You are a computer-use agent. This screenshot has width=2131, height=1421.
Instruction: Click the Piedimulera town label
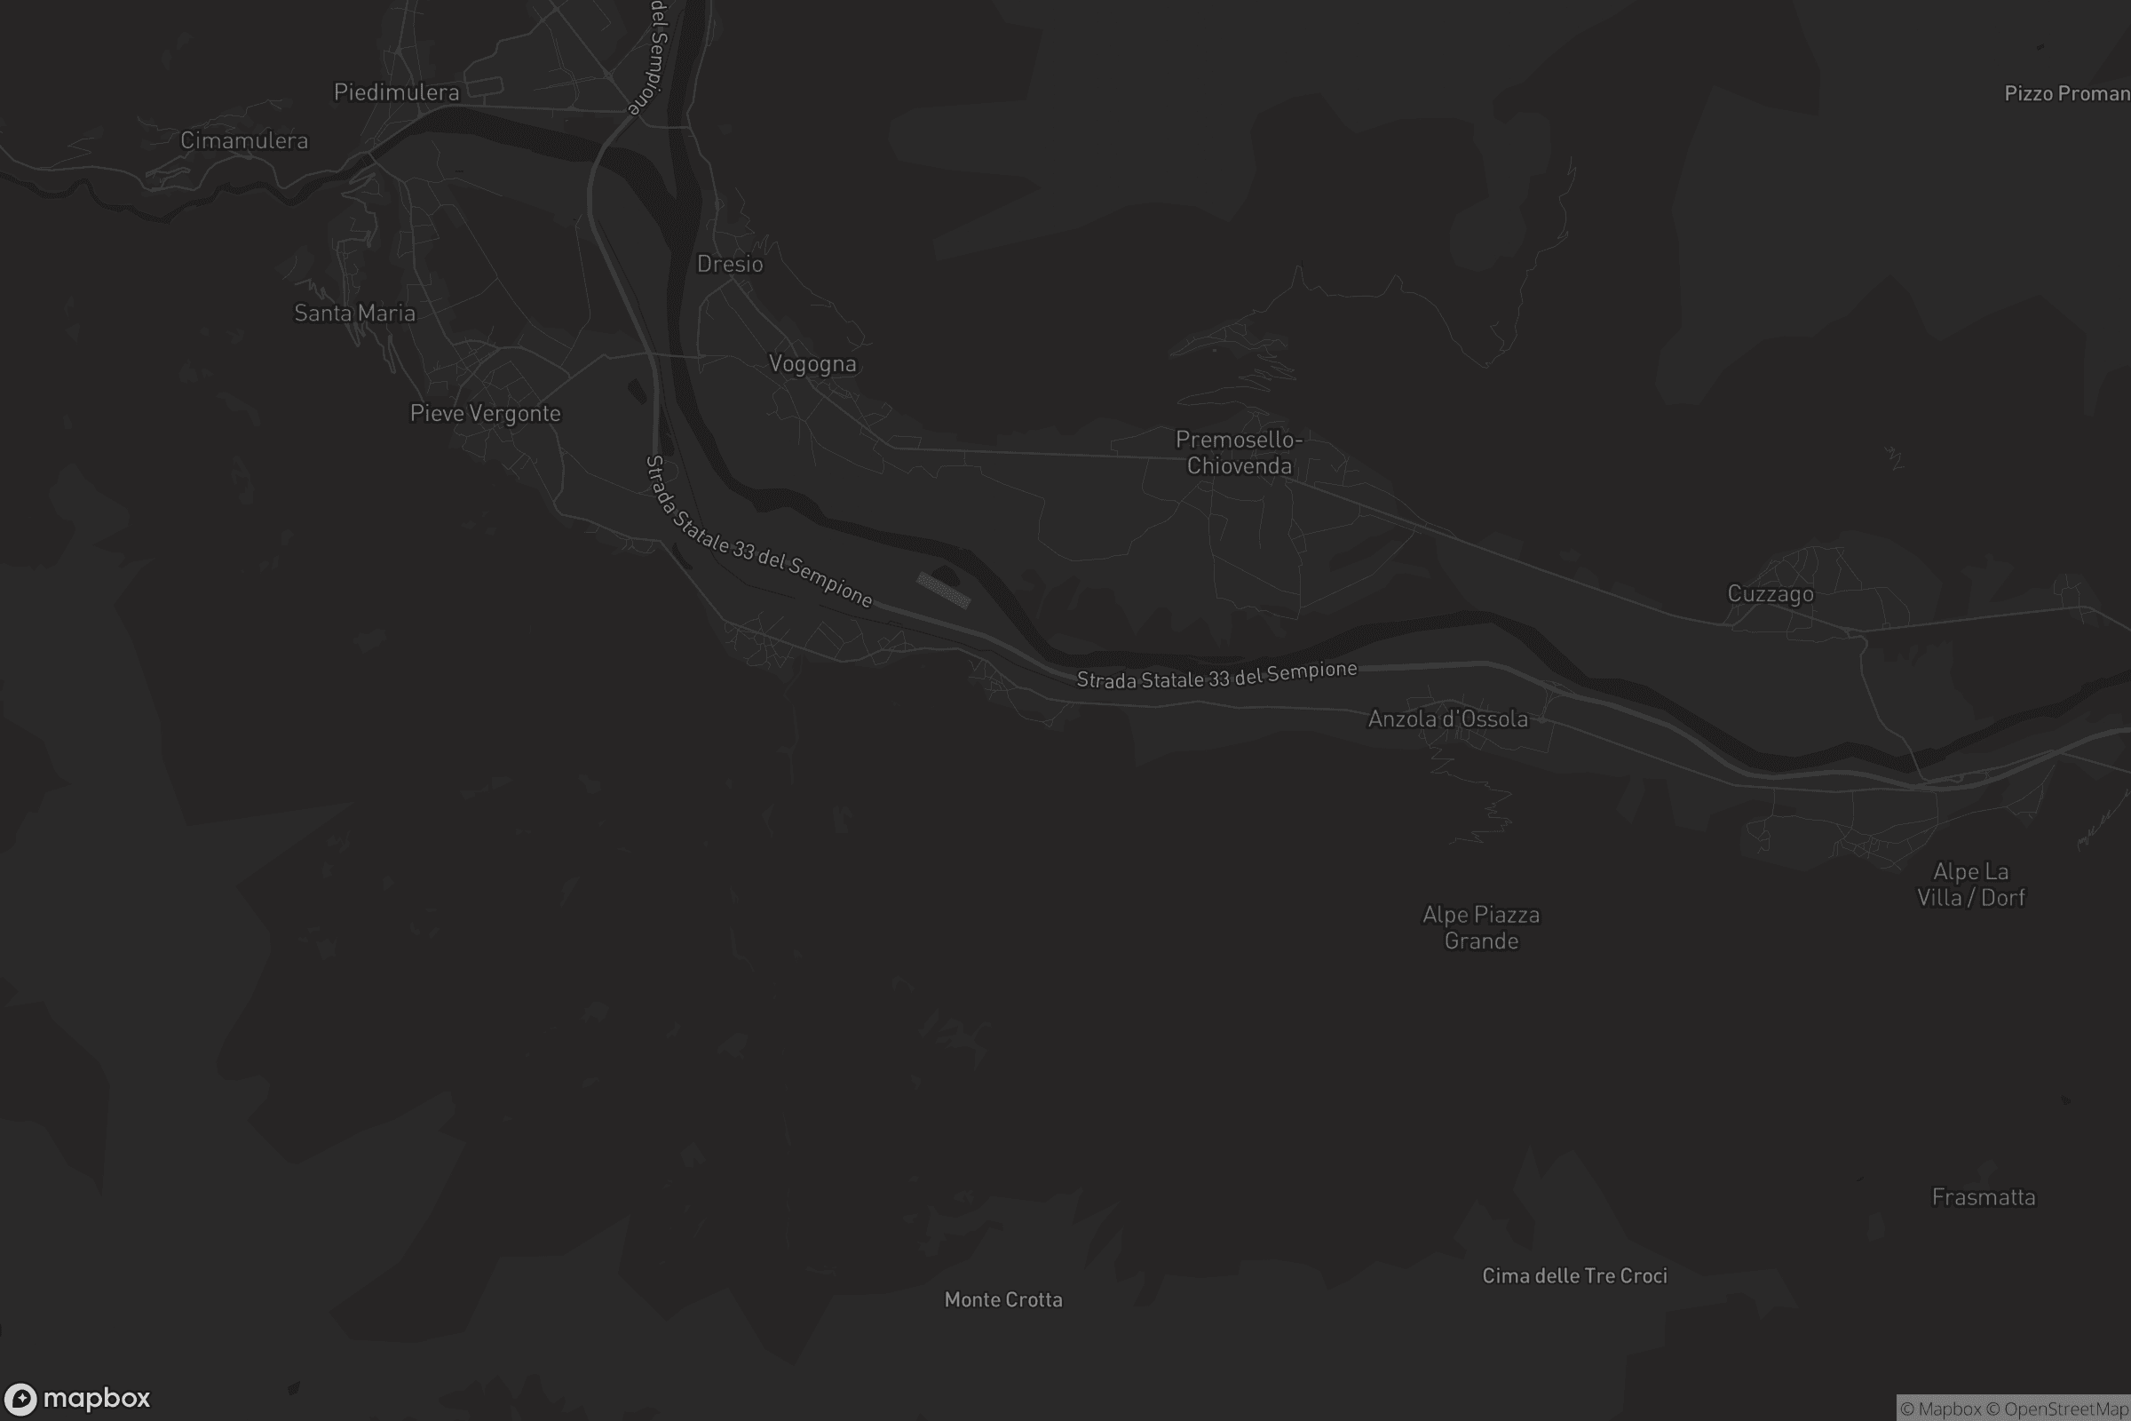396,92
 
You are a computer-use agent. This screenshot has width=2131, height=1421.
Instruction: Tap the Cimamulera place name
243,140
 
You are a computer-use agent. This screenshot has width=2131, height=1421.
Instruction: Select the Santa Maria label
354,314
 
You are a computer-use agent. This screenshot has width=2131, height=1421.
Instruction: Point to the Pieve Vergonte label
485,413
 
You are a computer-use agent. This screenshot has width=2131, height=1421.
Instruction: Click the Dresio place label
729,264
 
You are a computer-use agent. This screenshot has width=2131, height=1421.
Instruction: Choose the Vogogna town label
812,363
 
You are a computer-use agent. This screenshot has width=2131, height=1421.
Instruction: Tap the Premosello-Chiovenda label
1239,452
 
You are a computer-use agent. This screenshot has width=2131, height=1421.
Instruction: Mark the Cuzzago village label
1770,593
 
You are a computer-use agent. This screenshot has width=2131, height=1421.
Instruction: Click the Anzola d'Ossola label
1447,718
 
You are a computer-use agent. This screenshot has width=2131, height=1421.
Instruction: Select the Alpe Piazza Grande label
1480,927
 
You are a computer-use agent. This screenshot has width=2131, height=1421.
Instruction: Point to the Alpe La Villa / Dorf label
1970,885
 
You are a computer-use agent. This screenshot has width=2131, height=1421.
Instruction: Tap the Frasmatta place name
1983,1197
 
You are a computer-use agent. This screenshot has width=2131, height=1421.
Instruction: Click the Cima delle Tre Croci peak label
1573,1275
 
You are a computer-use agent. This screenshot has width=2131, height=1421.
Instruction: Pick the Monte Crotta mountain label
1003,1299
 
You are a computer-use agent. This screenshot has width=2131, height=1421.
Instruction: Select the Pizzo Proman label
2066,93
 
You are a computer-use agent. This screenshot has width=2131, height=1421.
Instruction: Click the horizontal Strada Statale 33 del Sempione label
1216,675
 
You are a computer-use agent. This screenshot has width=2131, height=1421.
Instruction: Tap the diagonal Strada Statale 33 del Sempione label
757,532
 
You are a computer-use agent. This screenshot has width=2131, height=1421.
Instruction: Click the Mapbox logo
76,1397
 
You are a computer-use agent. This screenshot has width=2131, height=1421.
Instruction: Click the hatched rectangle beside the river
943,590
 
